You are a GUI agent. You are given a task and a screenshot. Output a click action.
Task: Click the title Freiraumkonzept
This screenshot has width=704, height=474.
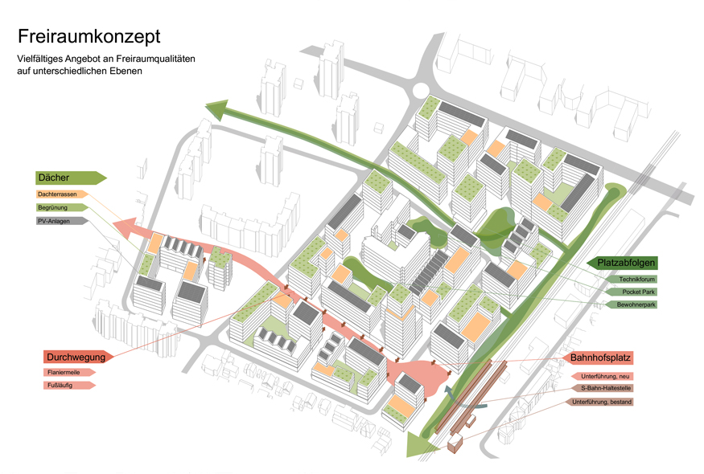click(89, 37)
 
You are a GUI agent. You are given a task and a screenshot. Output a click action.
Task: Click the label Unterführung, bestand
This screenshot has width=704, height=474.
click(602, 402)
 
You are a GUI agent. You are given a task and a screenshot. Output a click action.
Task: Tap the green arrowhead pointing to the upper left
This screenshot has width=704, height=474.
click(217, 110)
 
